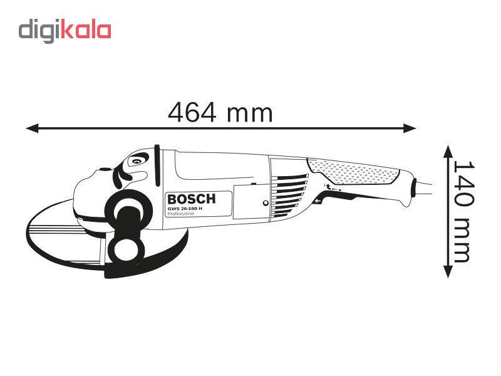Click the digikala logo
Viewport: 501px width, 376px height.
pyautogui.click(x=65, y=31)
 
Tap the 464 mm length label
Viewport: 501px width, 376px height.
pyautogui.click(x=220, y=113)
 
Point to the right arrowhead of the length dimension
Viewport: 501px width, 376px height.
pyautogui.click(x=410, y=128)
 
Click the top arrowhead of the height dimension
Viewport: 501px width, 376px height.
pyautogui.click(x=448, y=152)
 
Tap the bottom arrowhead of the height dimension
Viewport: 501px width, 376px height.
pyautogui.click(x=448, y=271)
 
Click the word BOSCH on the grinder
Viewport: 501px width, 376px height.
pyautogui.click(x=192, y=199)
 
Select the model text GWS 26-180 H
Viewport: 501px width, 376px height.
pyautogui.click(x=185, y=209)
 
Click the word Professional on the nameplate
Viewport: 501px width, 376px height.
pyautogui.click(x=180, y=214)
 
